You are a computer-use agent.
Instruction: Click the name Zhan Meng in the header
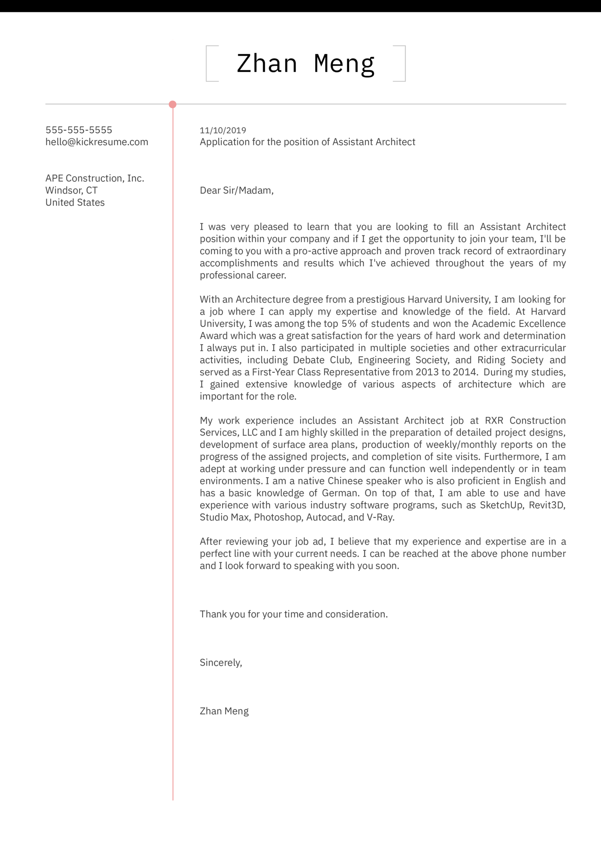coord(305,64)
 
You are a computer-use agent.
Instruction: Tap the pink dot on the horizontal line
coord(173,104)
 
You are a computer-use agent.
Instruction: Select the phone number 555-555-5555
coord(79,130)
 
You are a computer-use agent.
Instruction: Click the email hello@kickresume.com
coord(97,142)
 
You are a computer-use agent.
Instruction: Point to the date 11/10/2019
coord(223,131)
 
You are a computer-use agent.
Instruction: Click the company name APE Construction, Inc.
coord(95,178)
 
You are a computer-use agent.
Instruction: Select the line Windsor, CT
coord(71,190)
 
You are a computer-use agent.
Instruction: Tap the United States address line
coord(75,203)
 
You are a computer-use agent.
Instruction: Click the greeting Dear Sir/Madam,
coord(236,190)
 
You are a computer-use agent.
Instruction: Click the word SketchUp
coord(501,505)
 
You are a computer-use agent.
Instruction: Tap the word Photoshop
coord(278,517)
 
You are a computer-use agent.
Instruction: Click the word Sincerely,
coord(221,663)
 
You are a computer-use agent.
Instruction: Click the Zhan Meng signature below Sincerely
coord(224,711)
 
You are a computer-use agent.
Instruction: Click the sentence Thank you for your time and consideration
coord(294,614)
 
